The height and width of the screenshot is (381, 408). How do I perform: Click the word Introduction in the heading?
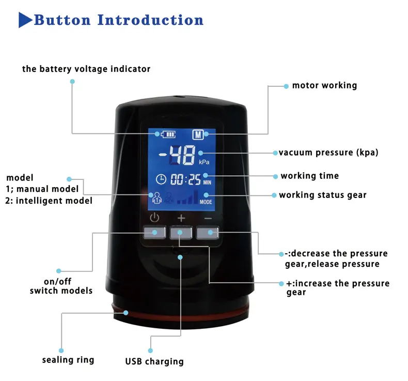(151, 20)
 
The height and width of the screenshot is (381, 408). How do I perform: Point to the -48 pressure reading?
(177, 154)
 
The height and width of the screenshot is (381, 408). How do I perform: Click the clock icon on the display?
(162, 179)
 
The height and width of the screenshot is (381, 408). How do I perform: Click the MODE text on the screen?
(206, 202)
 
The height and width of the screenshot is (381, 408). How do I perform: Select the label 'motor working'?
(324, 85)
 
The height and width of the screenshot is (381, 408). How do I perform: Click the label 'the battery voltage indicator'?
(86, 69)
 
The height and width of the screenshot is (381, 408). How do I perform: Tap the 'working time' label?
(310, 176)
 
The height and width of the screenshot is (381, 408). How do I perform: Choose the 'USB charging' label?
(154, 361)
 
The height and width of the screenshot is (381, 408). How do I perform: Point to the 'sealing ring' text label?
(68, 359)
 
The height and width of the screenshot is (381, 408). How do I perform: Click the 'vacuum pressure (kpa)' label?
(329, 153)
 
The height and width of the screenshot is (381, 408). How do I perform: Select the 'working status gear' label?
(323, 195)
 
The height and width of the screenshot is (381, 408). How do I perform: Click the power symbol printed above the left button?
(154, 218)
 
